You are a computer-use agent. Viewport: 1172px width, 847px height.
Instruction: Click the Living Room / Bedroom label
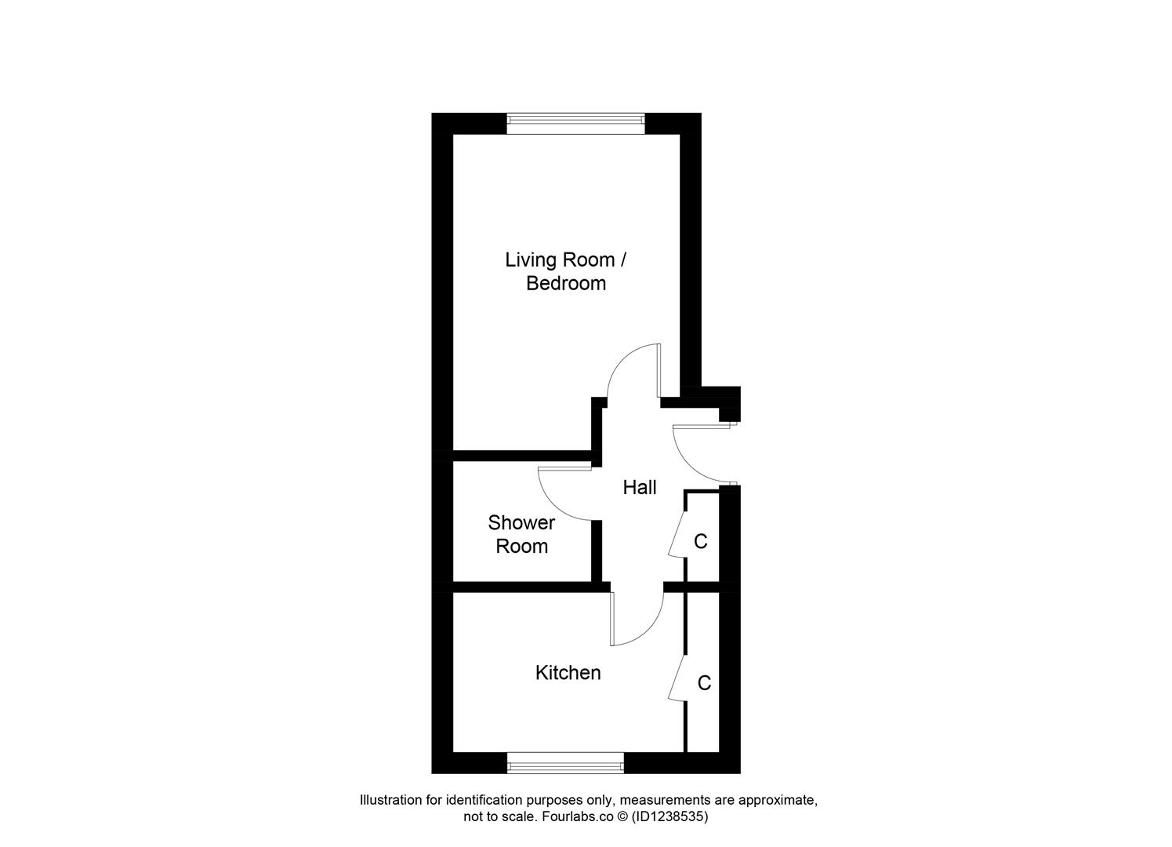(x=566, y=271)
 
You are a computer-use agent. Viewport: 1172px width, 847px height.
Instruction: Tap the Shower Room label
(x=521, y=534)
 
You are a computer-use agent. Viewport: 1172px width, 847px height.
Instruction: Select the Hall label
(x=639, y=488)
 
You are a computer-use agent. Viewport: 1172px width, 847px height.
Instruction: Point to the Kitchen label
(x=568, y=673)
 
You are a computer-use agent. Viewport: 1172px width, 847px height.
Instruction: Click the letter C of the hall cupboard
(x=701, y=541)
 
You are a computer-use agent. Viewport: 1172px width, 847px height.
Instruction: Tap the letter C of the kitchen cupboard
(x=704, y=683)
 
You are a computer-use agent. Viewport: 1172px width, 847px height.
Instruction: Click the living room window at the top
(x=575, y=119)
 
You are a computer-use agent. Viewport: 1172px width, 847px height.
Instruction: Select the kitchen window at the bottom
(x=565, y=762)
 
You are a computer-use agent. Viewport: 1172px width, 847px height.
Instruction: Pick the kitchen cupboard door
(x=677, y=677)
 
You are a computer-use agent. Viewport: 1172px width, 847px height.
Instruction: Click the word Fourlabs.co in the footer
(x=571, y=816)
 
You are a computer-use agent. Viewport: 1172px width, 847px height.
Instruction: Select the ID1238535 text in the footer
(x=673, y=816)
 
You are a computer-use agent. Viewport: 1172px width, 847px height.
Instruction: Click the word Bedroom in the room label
(x=566, y=283)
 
